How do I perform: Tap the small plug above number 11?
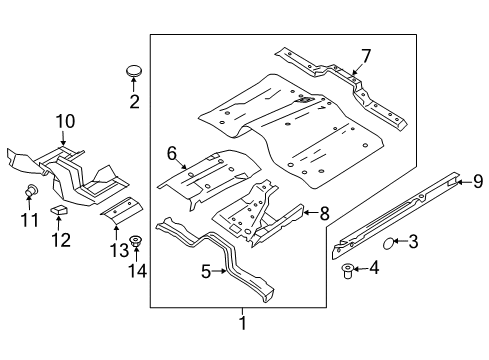click(x=33, y=189)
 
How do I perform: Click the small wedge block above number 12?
click(x=60, y=209)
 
